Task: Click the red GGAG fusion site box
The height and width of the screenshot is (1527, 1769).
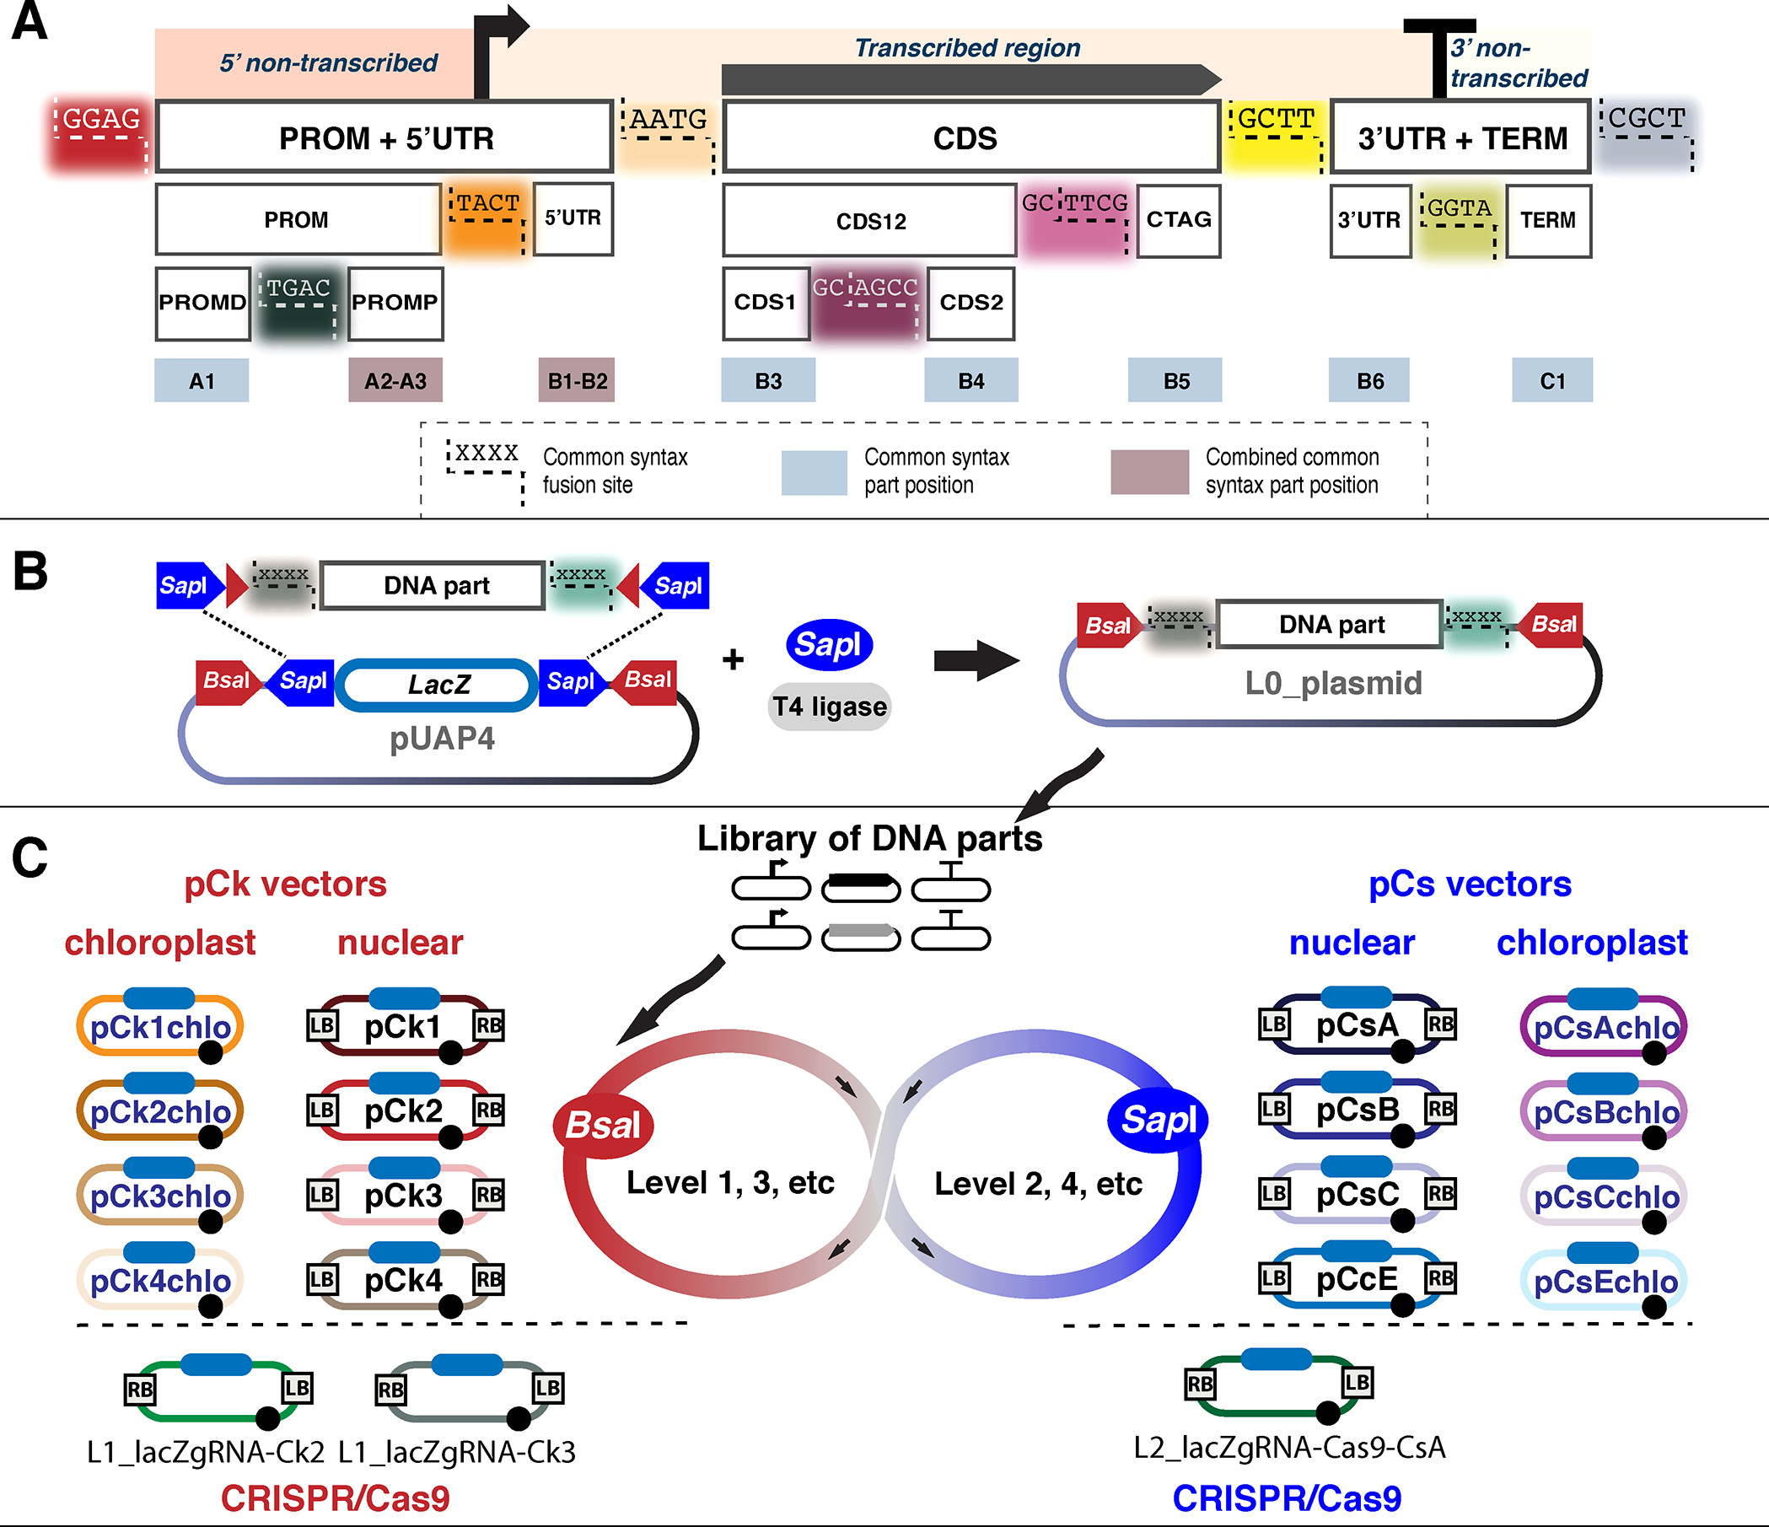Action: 99,136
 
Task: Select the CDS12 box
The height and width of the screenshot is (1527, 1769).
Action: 869,220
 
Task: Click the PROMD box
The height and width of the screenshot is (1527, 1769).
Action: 202,303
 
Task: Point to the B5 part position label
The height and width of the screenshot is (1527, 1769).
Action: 1175,380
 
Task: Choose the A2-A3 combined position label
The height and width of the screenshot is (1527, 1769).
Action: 395,380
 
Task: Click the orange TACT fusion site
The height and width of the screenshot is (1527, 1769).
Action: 487,217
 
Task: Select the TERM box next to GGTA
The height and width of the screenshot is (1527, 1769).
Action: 1547,220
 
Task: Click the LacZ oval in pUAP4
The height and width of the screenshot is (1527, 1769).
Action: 437,685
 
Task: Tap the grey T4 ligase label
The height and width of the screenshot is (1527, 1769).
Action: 829,707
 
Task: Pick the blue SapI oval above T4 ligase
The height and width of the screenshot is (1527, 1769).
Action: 828,644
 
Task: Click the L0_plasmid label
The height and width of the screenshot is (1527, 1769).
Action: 1333,683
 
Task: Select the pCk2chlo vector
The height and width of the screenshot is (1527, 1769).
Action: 160,1111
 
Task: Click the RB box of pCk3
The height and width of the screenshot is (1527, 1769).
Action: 488,1194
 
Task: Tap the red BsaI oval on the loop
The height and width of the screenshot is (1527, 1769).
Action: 603,1125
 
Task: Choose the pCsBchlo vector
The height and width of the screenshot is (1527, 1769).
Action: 1605,1112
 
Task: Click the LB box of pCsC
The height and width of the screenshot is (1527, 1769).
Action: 1273,1192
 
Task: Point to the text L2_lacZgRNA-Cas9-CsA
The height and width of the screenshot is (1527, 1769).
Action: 1289,1448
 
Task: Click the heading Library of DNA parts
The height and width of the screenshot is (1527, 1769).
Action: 869,838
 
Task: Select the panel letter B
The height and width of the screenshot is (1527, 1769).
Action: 30,571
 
